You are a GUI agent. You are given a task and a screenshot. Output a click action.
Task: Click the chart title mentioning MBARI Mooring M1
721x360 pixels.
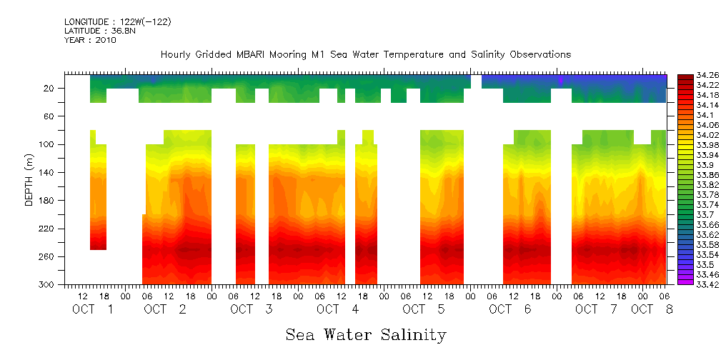point(365,55)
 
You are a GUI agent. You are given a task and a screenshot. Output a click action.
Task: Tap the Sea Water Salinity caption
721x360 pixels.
point(366,334)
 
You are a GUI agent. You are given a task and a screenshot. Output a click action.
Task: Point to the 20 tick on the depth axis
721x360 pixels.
point(49,88)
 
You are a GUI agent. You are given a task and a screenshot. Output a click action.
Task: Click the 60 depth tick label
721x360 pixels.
point(49,116)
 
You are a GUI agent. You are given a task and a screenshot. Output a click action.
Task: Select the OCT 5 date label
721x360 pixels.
point(424,309)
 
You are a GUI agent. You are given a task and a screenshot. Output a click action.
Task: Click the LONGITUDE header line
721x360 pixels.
point(117,21)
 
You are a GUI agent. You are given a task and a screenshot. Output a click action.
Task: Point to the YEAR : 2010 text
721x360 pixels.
point(90,40)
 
